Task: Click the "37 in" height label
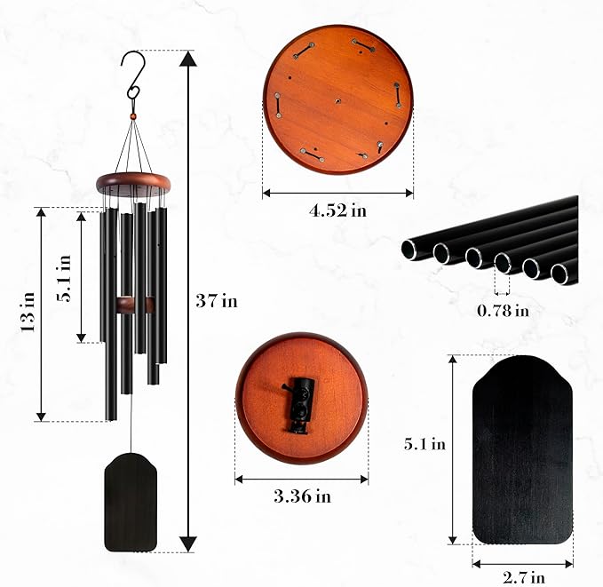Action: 217,301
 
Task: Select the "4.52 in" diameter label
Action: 337,210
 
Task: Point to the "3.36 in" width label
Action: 302,496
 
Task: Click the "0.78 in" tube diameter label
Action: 503,310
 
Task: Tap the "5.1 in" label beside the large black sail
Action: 424,445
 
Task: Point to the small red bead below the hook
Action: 133,115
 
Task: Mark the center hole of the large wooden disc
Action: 338,101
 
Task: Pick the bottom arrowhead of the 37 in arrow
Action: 187,543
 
